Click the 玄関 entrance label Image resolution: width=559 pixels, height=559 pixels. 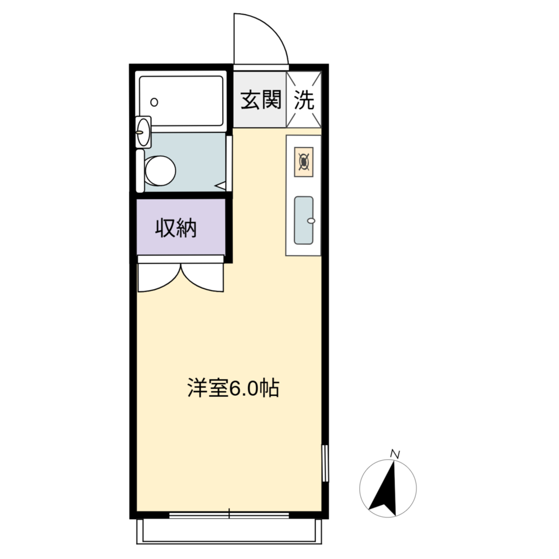click(x=261, y=100)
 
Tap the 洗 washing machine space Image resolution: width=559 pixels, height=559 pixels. click(x=304, y=100)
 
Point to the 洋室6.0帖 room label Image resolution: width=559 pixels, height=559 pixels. click(x=233, y=388)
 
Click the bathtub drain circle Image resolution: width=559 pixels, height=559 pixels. click(x=154, y=102)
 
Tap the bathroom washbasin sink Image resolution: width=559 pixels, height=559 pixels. click(x=144, y=132)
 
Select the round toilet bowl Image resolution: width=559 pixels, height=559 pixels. click(x=160, y=171)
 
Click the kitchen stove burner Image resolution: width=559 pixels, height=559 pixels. click(x=304, y=162)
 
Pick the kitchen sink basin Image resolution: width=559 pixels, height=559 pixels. click(x=304, y=221)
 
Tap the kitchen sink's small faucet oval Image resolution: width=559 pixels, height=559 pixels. click(x=311, y=221)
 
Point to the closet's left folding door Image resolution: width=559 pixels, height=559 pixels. click(x=159, y=278)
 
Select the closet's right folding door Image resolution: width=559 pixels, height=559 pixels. click(x=203, y=278)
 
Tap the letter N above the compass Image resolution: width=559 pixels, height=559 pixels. click(x=395, y=454)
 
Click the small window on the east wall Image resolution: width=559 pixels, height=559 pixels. click(x=325, y=463)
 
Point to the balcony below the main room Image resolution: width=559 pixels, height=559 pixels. click(x=229, y=531)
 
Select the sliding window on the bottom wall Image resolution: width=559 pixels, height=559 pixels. click(x=229, y=515)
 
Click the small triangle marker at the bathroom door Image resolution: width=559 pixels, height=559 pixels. click(x=221, y=186)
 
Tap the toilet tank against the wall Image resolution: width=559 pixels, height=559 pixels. click(x=140, y=171)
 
